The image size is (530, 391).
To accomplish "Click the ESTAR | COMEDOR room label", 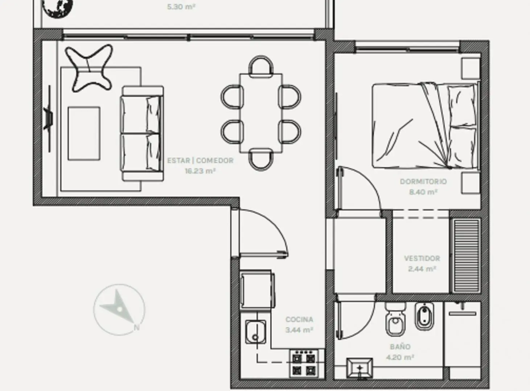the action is (x=200, y=160).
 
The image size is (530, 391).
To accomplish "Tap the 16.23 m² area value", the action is (x=200, y=171).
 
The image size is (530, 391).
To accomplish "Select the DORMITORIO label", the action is (x=423, y=181).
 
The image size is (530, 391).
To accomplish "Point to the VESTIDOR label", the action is (x=422, y=258).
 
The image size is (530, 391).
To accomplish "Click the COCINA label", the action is (x=299, y=319).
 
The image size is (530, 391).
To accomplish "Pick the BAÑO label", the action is (x=400, y=346).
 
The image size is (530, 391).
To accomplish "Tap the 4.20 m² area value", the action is (x=400, y=357).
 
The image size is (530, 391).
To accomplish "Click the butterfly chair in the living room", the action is (x=89, y=68).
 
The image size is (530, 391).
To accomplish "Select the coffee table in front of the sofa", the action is (x=84, y=133).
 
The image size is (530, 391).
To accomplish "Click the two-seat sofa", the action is (x=143, y=134).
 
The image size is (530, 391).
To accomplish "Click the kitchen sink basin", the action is (x=255, y=332).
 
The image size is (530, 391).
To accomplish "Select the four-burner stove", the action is (x=304, y=363).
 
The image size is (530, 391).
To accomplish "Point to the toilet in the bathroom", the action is (x=395, y=319).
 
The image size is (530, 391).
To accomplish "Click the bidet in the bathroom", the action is (x=424, y=316).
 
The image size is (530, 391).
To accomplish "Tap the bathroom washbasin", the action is (x=360, y=368).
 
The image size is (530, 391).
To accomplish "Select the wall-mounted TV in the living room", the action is (x=49, y=118).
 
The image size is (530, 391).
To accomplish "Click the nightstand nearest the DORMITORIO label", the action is (x=471, y=183).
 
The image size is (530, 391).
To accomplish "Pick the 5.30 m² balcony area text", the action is (x=181, y=7).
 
